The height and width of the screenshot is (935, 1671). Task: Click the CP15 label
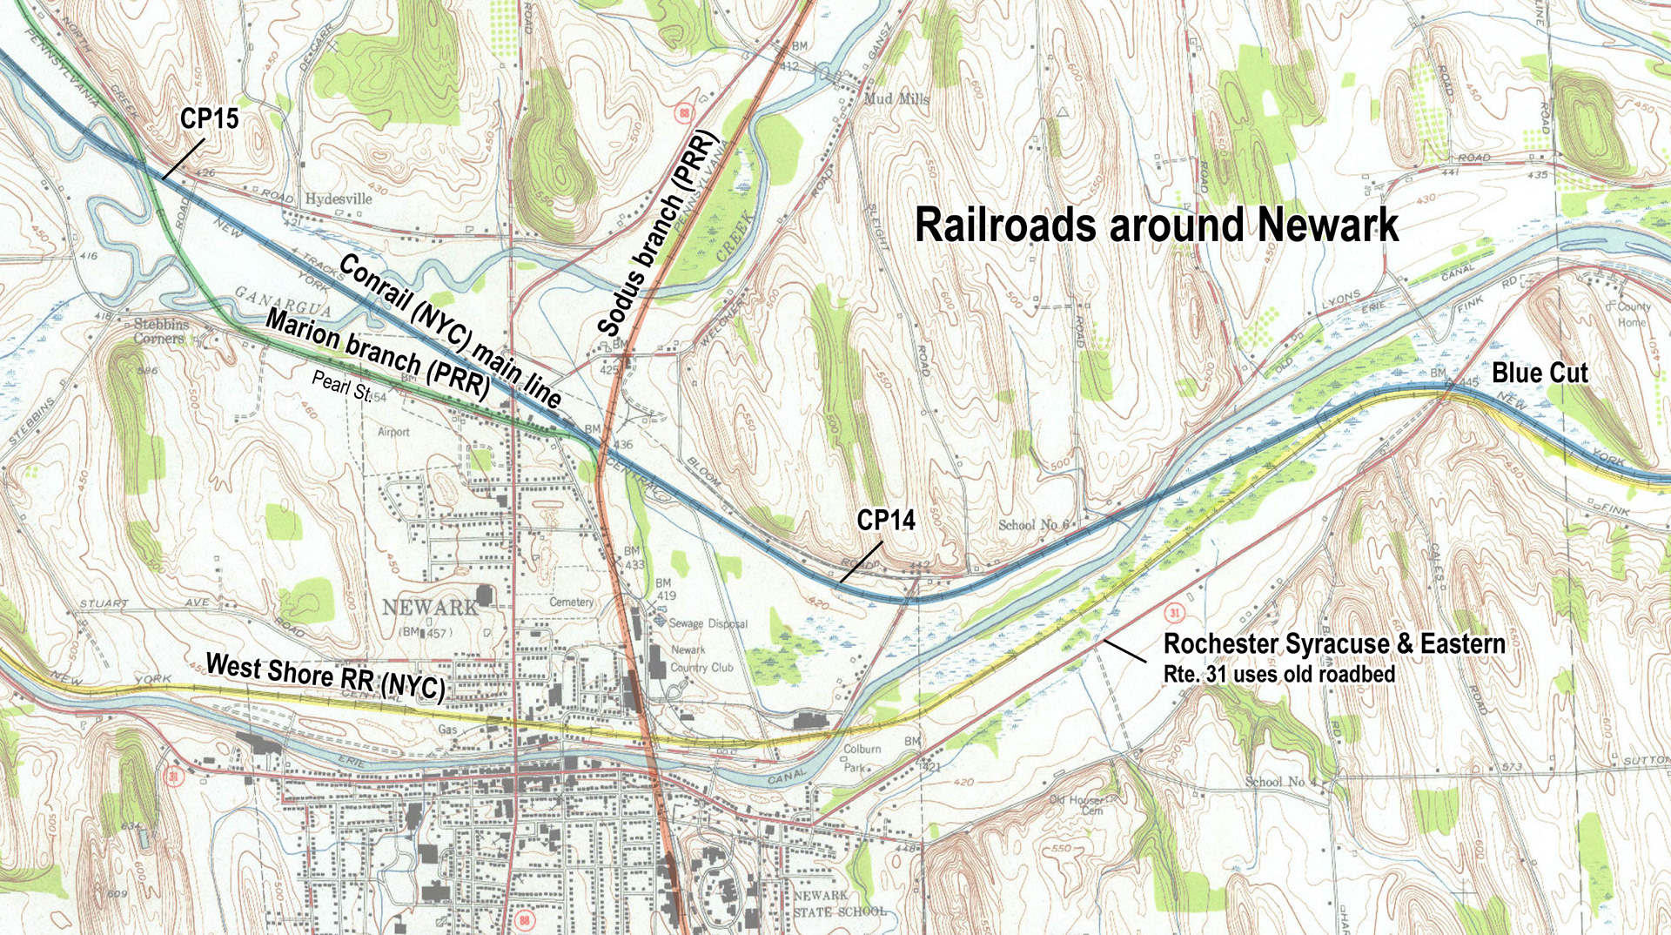coord(209,118)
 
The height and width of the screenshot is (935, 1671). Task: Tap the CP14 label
coord(885,520)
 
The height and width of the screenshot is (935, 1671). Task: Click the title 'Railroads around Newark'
coord(1156,225)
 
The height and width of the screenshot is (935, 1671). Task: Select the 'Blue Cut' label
coord(1539,373)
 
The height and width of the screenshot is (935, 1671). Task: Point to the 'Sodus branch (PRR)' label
coord(656,233)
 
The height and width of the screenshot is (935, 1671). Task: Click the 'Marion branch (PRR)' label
coord(378,353)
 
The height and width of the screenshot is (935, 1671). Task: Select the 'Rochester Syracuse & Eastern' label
coord(1333,644)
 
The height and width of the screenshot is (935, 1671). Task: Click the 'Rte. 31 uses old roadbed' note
coord(1278,674)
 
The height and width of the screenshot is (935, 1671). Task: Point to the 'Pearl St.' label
coord(341,386)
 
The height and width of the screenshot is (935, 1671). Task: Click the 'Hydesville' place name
coord(338,198)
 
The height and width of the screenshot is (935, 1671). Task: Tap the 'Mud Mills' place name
coord(896,99)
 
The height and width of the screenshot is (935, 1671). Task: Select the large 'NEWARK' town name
coord(430,607)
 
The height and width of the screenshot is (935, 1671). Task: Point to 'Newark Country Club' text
coord(701,659)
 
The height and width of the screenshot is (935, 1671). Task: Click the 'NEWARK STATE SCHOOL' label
coord(839,904)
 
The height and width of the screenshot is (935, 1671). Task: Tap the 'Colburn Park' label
coord(862,757)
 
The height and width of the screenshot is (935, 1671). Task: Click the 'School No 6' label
coord(1033,525)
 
